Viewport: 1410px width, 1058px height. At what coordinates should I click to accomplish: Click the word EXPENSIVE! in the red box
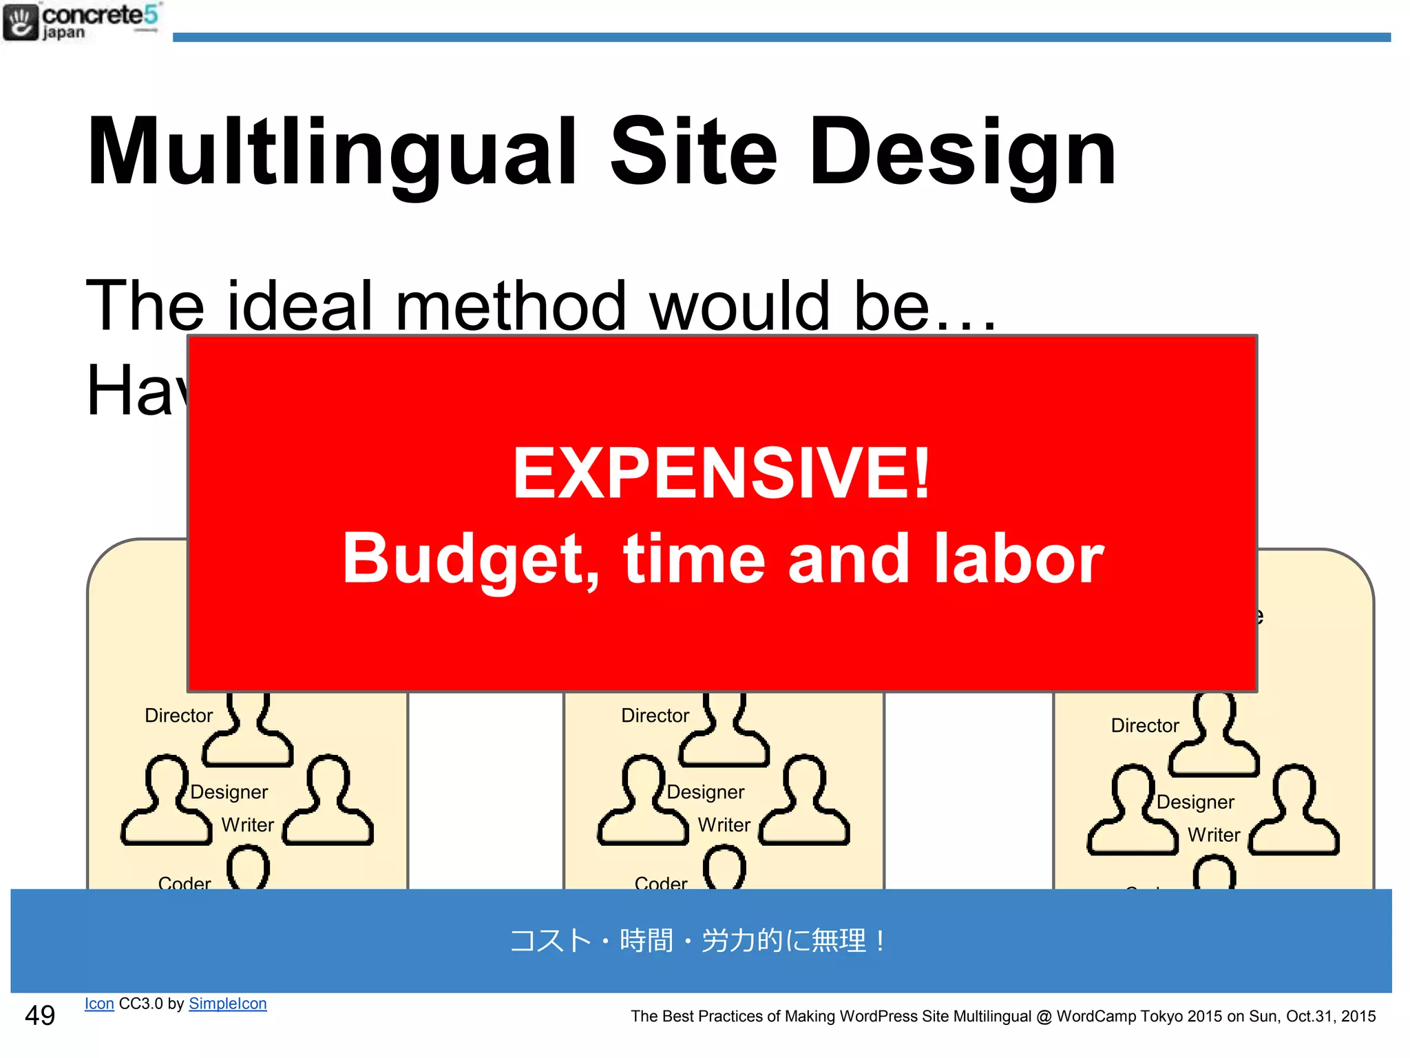[722, 473]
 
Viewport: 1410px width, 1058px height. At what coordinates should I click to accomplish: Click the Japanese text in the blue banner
[698, 941]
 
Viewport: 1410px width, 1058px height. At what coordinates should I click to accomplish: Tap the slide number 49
[40, 1015]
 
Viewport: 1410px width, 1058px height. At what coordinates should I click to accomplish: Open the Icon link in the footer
[99, 1004]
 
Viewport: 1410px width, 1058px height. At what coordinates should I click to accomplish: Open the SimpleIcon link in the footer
[227, 1004]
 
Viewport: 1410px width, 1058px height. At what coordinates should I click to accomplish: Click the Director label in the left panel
[178, 716]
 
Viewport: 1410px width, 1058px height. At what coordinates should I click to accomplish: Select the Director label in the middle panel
[655, 716]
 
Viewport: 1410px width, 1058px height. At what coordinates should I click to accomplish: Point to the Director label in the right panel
[1144, 725]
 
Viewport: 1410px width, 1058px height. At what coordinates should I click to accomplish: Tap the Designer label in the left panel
[229, 792]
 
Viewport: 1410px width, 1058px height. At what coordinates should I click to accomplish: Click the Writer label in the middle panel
[724, 824]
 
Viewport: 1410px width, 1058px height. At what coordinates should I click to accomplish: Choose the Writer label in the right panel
[1213, 835]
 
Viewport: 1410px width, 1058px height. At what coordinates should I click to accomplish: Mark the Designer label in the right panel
[1195, 802]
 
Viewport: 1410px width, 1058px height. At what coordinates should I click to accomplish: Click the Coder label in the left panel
[185, 882]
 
